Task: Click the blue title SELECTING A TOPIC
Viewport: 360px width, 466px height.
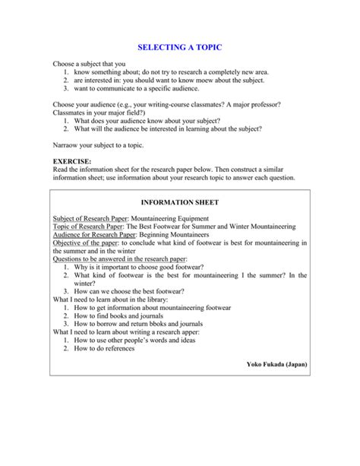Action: point(180,47)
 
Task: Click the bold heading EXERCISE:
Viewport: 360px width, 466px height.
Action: point(72,162)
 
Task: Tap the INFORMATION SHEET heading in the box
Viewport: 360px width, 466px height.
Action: point(180,203)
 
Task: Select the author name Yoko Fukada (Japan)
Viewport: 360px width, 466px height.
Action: point(276,364)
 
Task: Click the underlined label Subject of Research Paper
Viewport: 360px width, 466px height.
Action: point(84,217)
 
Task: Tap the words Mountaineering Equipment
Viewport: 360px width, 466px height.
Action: point(158,217)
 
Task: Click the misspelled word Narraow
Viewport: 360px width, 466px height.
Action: point(67,144)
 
